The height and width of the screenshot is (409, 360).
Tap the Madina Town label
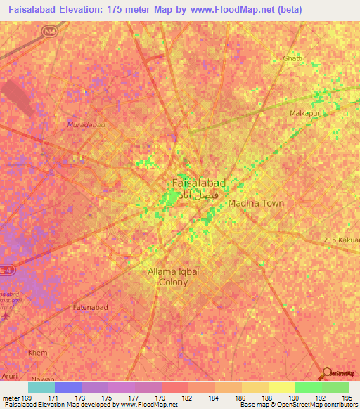(256, 203)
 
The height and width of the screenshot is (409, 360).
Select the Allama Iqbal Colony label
(168, 276)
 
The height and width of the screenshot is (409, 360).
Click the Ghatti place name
(292, 58)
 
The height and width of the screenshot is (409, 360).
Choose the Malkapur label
(305, 112)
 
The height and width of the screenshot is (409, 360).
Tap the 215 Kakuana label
(342, 240)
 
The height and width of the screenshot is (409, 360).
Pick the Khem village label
(36, 352)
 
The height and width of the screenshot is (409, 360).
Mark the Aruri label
(12, 377)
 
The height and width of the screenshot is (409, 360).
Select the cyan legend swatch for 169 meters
(41, 387)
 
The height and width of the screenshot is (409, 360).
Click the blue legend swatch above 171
(67, 387)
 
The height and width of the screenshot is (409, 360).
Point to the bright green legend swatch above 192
(308, 387)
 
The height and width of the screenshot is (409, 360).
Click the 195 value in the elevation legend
(344, 398)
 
